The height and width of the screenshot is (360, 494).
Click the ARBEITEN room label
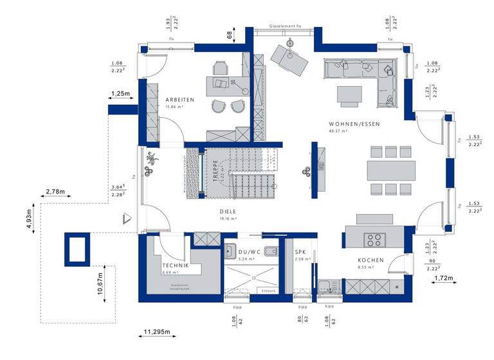179,100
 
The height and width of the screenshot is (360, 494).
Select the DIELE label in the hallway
228,210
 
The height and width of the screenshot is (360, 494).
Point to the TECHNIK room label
175,265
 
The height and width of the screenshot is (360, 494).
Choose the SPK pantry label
300,252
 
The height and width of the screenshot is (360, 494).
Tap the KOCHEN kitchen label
370,260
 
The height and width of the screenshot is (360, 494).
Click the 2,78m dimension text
56,192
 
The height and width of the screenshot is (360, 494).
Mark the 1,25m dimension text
120,94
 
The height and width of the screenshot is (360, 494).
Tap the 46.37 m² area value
338,130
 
